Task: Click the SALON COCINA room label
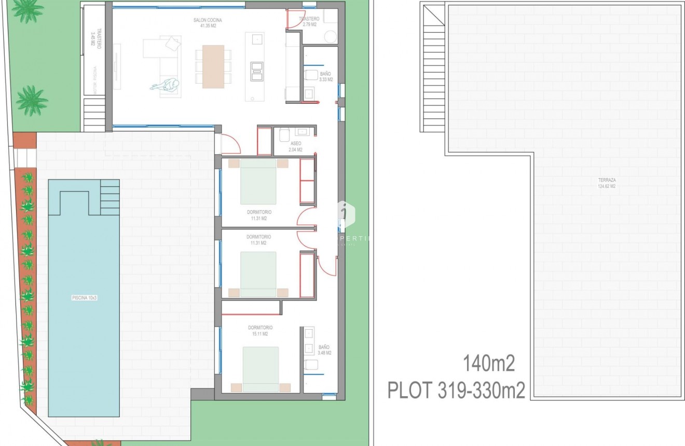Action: (207, 22)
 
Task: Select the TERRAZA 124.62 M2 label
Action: (606, 183)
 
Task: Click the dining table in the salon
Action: (213, 66)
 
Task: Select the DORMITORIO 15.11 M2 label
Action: (260, 331)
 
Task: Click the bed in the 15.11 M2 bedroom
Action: (261, 369)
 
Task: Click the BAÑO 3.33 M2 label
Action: (325, 77)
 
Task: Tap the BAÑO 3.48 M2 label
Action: (324, 350)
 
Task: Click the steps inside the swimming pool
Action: (109, 197)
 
